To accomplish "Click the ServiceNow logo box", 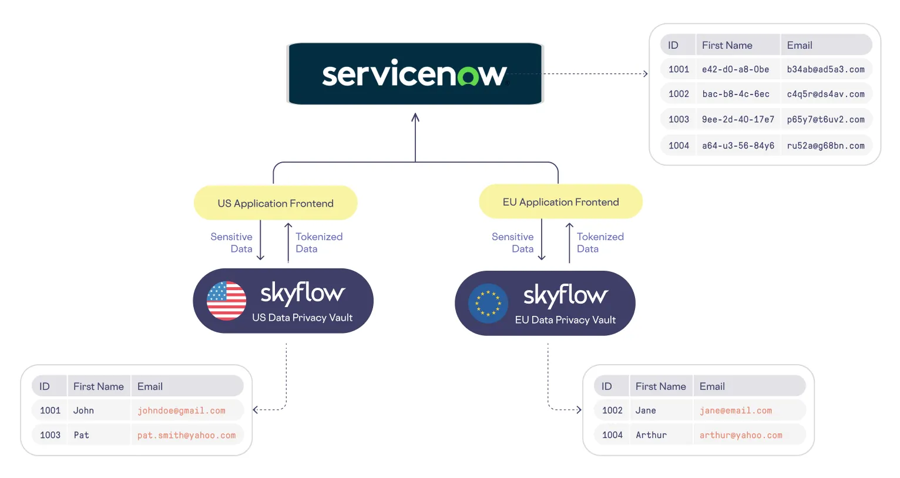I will (x=415, y=74).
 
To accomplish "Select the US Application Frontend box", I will (x=276, y=203).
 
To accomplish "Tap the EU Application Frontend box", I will (x=560, y=202).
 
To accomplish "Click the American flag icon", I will (x=226, y=301).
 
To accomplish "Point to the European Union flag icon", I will (x=488, y=304).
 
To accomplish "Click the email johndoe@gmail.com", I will (x=181, y=410).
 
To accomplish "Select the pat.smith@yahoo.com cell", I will (x=186, y=435).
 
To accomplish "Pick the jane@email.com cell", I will (x=736, y=410).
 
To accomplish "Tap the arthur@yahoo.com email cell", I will (x=741, y=435).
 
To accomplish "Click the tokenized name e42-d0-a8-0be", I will (x=736, y=69).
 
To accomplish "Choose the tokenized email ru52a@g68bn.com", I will (x=825, y=146).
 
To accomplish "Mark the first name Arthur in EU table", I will (x=651, y=435).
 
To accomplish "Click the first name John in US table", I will (x=83, y=410).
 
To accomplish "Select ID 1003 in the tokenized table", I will (x=679, y=119).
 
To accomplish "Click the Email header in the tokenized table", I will (x=800, y=45).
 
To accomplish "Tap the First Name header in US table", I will (x=98, y=386).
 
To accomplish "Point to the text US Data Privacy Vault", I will (x=302, y=318).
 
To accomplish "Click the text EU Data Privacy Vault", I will (x=565, y=320).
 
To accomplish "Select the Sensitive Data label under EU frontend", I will (x=513, y=243).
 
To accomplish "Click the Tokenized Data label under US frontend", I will (x=318, y=243).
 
